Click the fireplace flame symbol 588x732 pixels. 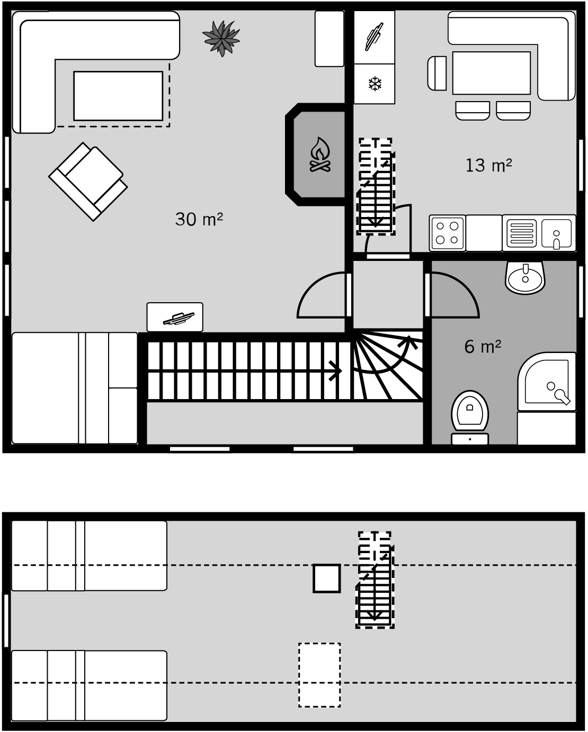[x=320, y=155]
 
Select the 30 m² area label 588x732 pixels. [x=199, y=220]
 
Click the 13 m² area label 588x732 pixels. [x=488, y=165]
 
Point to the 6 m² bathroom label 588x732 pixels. [x=483, y=347]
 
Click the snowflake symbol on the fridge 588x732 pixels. [x=375, y=84]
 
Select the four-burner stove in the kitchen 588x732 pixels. [x=448, y=233]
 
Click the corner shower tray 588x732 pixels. [x=547, y=382]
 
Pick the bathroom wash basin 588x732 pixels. [x=525, y=277]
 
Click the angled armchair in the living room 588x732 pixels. [x=88, y=182]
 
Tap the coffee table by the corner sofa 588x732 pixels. [x=118, y=96]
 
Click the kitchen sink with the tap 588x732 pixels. [x=556, y=234]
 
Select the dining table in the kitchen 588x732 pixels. [x=491, y=73]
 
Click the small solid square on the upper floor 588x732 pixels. [x=326, y=579]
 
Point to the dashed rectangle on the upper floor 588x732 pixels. [x=319, y=675]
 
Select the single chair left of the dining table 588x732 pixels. [x=437, y=73]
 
